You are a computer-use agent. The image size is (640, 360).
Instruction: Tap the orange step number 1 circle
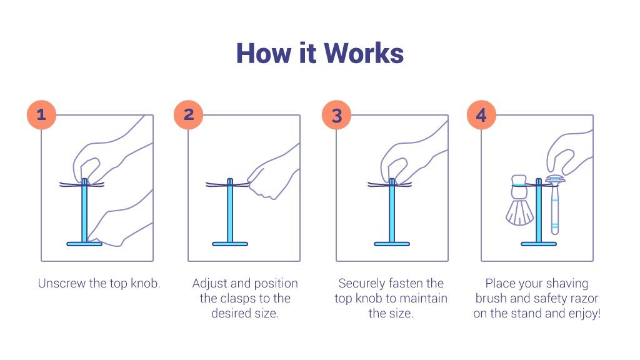tap(41, 114)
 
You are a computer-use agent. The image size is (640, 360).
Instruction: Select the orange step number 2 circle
tap(189, 114)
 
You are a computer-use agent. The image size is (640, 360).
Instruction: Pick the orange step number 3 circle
tap(337, 115)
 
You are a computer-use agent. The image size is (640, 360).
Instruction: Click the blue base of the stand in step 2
tap(230, 244)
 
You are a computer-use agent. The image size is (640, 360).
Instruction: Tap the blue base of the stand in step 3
tap(392, 244)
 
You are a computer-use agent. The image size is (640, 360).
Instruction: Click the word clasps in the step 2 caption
tap(239, 299)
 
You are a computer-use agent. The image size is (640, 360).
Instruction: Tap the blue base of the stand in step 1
tap(84, 244)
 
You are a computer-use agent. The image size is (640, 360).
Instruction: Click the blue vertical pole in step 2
tap(230, 212)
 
